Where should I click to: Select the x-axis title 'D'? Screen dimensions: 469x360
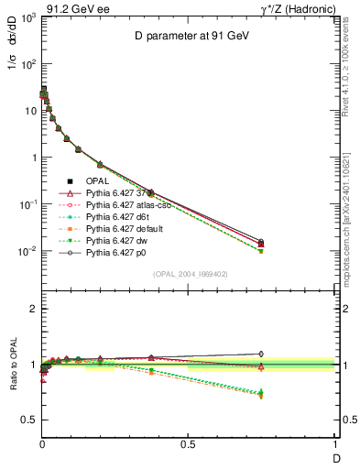tap(335, 457)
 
